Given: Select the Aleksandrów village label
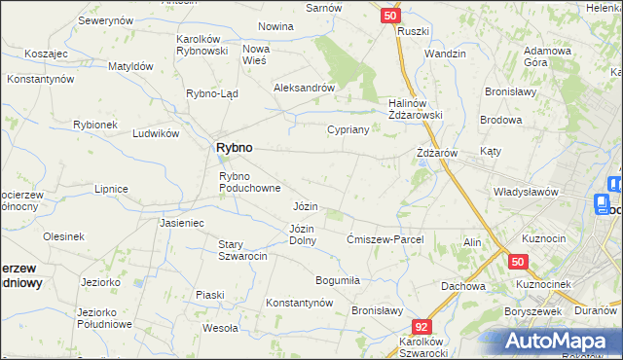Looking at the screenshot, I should coord(304,87).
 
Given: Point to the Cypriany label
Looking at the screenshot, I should coord(348,128).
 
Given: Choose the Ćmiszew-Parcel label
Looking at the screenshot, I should coord(386,239).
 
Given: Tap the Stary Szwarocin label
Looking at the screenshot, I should coord(242,250).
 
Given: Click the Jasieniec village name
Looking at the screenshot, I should coord(181,223).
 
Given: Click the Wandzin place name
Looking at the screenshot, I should coord(445,54).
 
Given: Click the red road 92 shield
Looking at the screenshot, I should coord(421,328).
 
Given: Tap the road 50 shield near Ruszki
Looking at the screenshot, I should coord(389,16).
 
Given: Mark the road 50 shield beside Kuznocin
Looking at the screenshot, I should coord(517,262).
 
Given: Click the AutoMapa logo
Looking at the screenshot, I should coord(563,341).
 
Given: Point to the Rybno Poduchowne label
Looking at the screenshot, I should coord(250,182).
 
